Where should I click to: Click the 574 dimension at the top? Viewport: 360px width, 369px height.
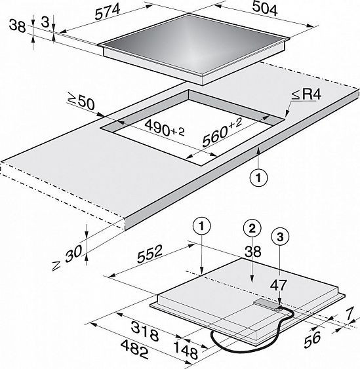108,12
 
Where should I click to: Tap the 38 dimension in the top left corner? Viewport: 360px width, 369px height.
17,26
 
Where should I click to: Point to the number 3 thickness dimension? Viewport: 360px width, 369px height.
45,22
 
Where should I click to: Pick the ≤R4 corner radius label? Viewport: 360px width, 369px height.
306,94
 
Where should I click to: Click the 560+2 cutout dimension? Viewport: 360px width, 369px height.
222,132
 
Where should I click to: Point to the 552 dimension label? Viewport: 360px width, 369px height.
150,254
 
